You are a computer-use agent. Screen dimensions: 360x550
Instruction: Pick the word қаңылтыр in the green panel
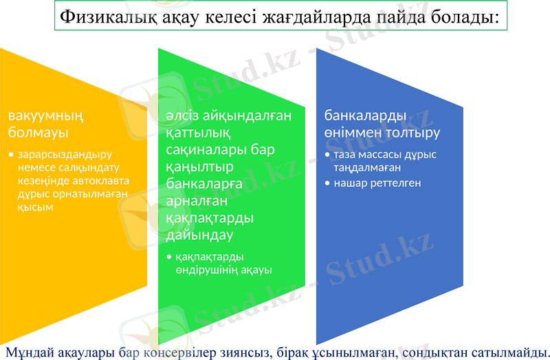tap(199, 166)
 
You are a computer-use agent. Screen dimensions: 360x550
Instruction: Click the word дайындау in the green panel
tap(199, 234)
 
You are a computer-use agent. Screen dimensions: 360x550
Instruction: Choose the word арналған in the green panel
tap(196, 200)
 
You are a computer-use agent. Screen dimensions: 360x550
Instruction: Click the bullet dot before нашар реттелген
tap(327, 183)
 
